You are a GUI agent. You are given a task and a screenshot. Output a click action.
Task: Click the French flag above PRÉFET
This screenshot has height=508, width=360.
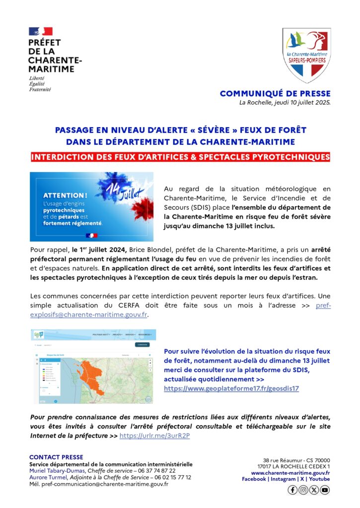tap(41, 32)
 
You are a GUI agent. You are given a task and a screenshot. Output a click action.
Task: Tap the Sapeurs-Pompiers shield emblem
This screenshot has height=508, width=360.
tap(306, 54)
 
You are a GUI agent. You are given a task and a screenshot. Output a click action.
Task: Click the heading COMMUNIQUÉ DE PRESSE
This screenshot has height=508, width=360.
tap(275, 93)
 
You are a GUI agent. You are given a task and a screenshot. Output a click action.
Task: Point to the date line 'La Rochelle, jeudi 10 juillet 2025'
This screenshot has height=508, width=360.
tap(285, 103)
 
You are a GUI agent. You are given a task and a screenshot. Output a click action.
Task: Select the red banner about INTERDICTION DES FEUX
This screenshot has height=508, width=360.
tap(180, 157)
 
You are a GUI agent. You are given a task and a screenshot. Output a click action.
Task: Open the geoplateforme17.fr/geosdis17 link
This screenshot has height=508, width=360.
tap(231, 388)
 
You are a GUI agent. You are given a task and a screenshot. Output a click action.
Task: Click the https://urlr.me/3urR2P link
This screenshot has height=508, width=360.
tap(155, 436)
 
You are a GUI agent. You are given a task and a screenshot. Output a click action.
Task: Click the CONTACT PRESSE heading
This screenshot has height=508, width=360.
tap(56, 457)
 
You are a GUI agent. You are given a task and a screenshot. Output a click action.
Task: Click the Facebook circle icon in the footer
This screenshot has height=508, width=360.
tap(292, 490)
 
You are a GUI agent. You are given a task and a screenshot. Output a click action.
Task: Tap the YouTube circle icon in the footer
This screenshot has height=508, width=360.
tap(325, 490)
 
